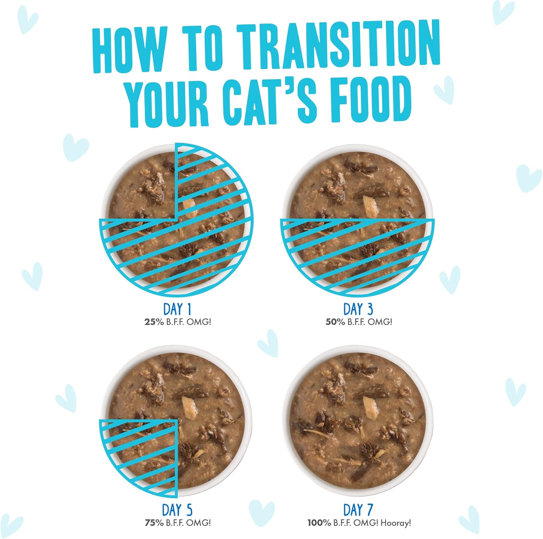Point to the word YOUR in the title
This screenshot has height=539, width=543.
click(168, 103)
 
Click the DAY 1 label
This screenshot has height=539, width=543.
click(177, 309)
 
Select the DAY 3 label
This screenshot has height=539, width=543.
click(358, 309)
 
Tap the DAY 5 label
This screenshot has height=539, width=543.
click(177, 510)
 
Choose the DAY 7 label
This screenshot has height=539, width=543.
click(358, 510)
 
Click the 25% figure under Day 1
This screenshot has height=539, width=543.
click(154, 322)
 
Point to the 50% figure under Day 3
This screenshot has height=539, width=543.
click(335, 322)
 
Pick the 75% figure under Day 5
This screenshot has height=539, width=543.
click(154, 523)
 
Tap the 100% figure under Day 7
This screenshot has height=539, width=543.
click(319, 523)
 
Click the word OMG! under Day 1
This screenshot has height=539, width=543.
click(198, 322)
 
